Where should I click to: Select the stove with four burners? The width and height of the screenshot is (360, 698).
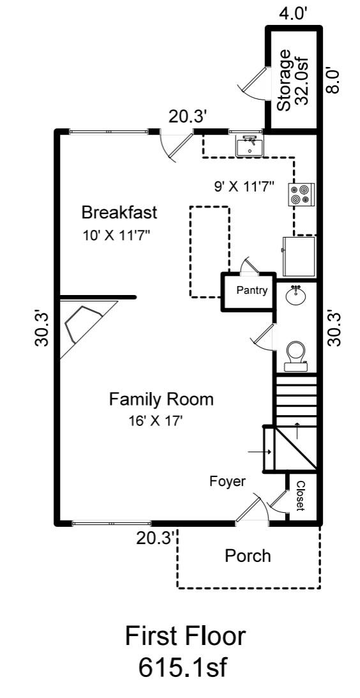[301, 194]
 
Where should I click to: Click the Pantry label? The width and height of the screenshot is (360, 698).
[251, 291]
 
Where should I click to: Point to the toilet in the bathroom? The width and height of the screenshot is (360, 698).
[296, 356]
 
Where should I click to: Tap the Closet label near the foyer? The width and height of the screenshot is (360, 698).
[299, 496]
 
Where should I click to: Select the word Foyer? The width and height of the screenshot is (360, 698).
[227, 482]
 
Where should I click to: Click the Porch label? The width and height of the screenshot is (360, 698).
[248, 556]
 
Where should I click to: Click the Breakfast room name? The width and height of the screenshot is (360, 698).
[119, 211]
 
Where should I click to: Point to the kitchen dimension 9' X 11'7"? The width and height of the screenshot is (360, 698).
[244, 186]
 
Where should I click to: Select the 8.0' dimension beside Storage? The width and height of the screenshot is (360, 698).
[333, 80]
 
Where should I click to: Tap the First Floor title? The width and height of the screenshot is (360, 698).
[184, 636]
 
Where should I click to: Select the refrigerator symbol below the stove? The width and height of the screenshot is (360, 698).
[299, 254]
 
